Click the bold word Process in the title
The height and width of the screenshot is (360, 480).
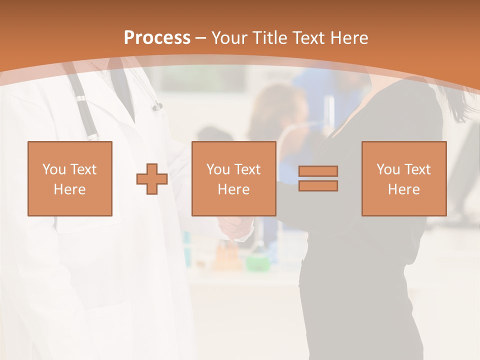157,38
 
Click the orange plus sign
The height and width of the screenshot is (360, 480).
152,179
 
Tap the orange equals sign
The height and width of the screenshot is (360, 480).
318,178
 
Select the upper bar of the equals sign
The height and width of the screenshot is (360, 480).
318,171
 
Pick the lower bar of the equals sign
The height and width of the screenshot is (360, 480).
318,186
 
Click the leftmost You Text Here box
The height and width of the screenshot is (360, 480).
70,179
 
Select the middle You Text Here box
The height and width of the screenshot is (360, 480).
234,179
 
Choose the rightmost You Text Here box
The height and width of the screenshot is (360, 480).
404,179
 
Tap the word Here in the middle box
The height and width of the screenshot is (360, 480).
234,189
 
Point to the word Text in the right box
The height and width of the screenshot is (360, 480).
417,169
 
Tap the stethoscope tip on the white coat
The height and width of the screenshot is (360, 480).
157,106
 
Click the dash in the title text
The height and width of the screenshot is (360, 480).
200,38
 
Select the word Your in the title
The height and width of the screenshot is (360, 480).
229,38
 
